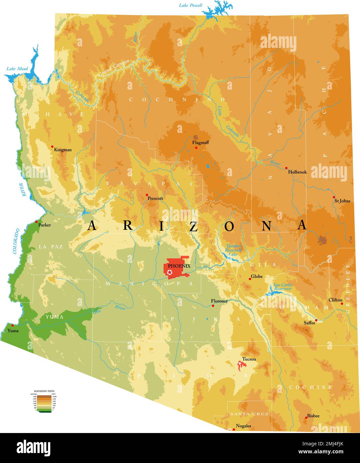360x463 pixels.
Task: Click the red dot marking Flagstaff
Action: [196, 148]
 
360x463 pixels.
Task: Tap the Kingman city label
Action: [63, 150]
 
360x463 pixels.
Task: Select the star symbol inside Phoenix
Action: [170, 273]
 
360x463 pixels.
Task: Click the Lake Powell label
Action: [190, 5]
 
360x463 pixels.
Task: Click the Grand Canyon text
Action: [114, 68]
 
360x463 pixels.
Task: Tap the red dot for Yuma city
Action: [13, 325]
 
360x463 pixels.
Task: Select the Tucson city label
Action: [249, 359]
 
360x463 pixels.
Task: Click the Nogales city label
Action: [243, 426]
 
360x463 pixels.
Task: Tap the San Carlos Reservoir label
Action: [283, 287]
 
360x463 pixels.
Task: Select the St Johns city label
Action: [342, 201]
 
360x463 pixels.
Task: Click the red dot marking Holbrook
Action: [286, 168]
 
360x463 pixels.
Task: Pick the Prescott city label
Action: [155, 198]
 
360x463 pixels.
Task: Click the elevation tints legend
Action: [44, 401]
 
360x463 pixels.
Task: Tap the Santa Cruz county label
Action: [249, 414]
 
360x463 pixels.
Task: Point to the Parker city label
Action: [45, 225]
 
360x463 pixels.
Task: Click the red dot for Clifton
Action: [342, 303]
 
